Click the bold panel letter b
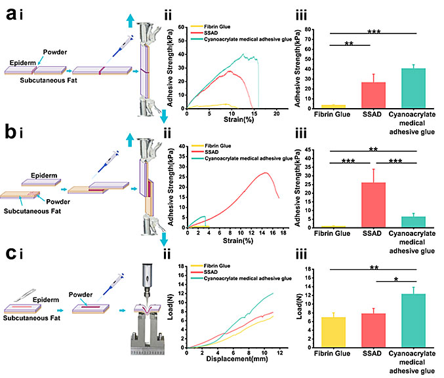(9, 140)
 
